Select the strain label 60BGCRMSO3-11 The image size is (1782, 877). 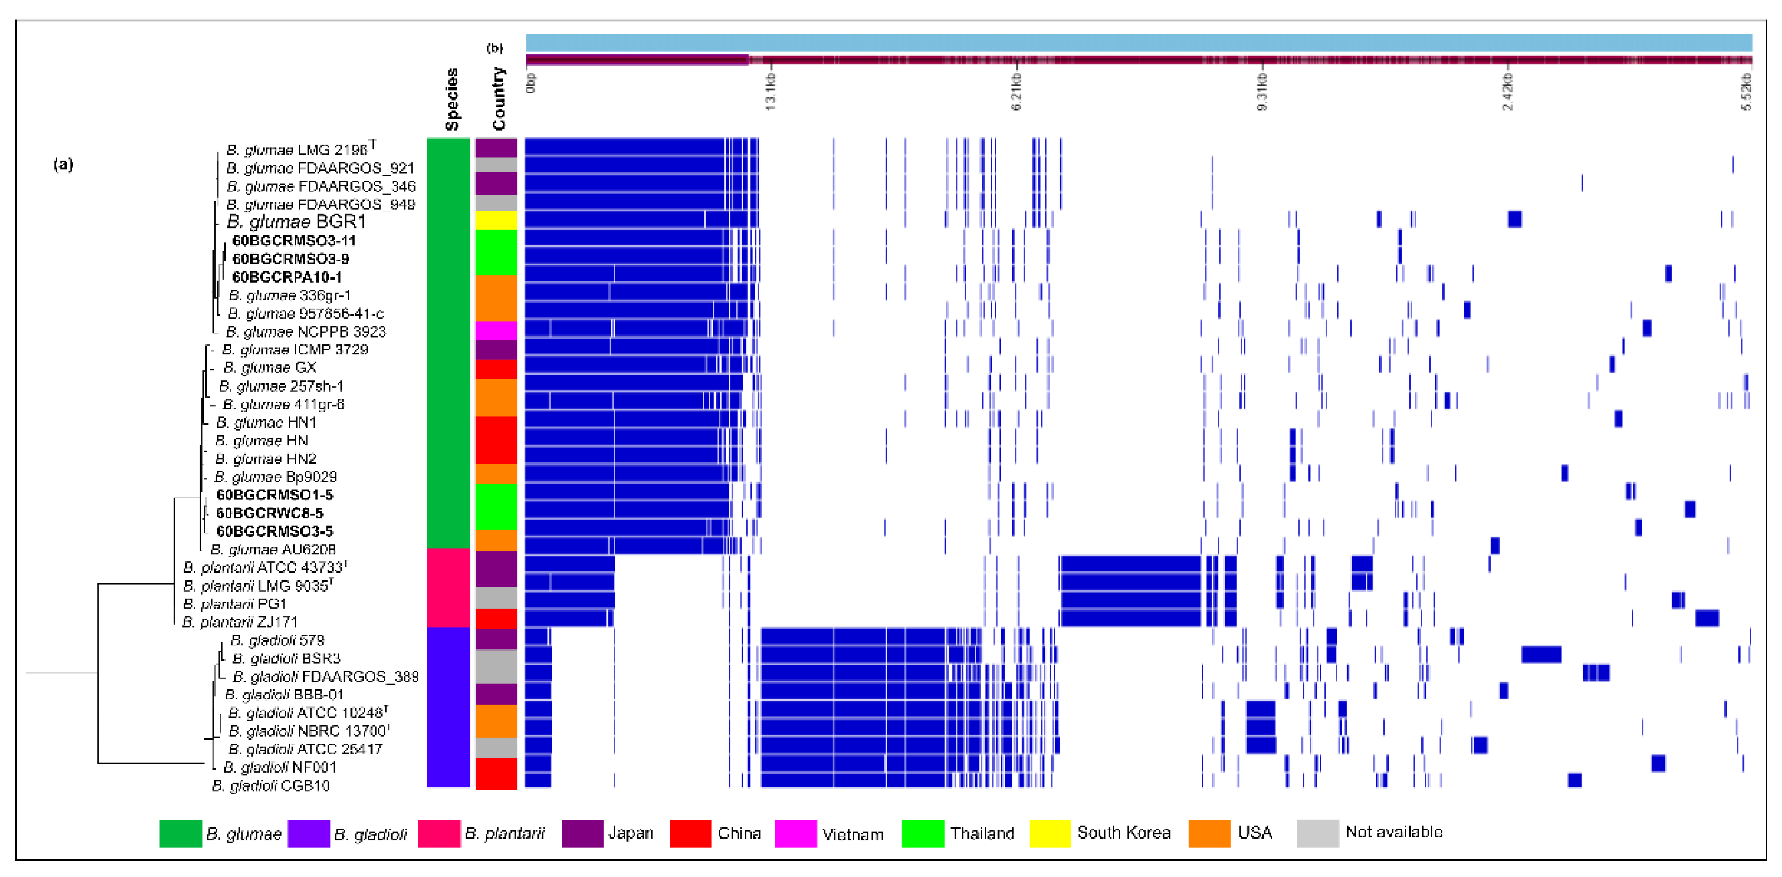click(x=294, y=241)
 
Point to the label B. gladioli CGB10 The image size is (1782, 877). click(x=270, y=786)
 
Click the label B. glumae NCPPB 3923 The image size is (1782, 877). click(x=306, y=332)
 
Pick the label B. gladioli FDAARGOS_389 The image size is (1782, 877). click(x=325, y=676)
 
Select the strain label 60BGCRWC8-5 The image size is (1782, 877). click(x=269, y=513)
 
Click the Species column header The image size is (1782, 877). click(x=452, y=99)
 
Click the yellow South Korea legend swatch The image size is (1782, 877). click(x=1050, y=833)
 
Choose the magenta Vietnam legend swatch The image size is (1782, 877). click(x=795, y=833)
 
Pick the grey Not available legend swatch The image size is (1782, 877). click(x=1317, y=833)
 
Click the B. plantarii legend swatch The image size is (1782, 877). click(x=438, y=833)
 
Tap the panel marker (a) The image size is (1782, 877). click(x=63, y=165)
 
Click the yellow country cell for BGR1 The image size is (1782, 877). click(x=496, y=221)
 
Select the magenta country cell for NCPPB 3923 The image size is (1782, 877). click(x=496, y=331)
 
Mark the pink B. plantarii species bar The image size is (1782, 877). click(x=448, y=588)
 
